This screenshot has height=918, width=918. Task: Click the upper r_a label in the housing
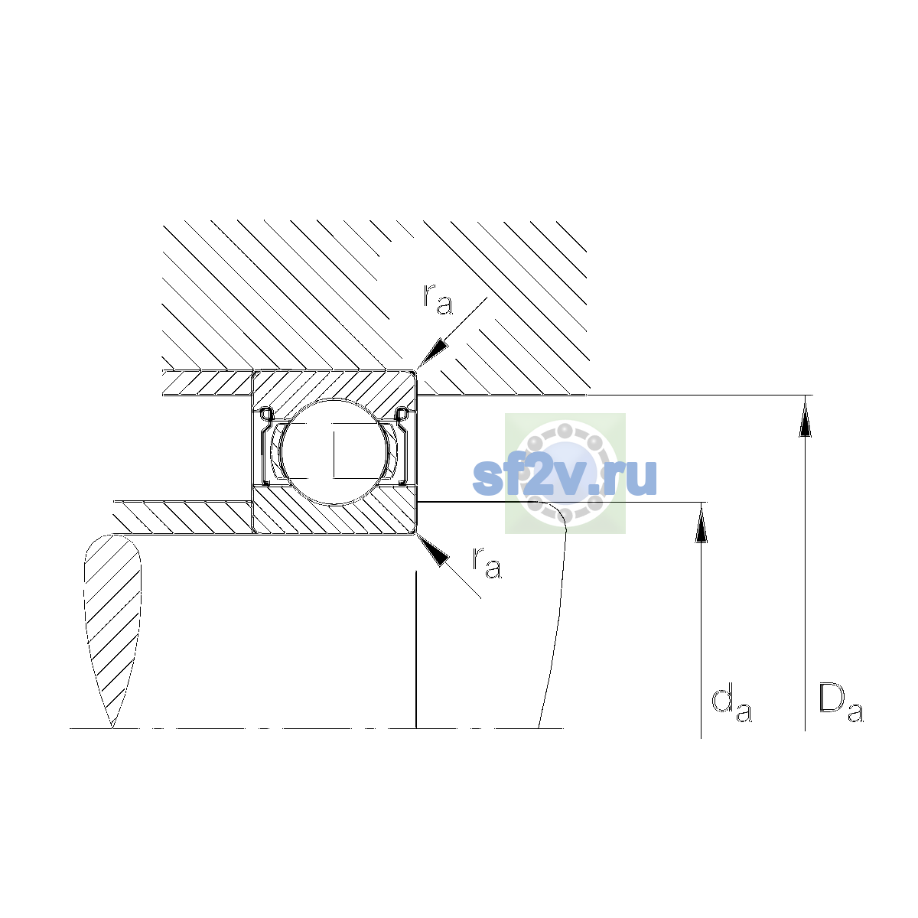[438, 300]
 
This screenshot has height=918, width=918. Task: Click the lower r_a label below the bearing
[487, 562]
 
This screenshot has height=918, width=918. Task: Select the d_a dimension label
[731, 705]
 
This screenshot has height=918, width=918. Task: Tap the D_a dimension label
[841, 703]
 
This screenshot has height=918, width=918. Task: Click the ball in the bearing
[335, 451]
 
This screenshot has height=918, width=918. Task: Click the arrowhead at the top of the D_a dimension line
[805, 418]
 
